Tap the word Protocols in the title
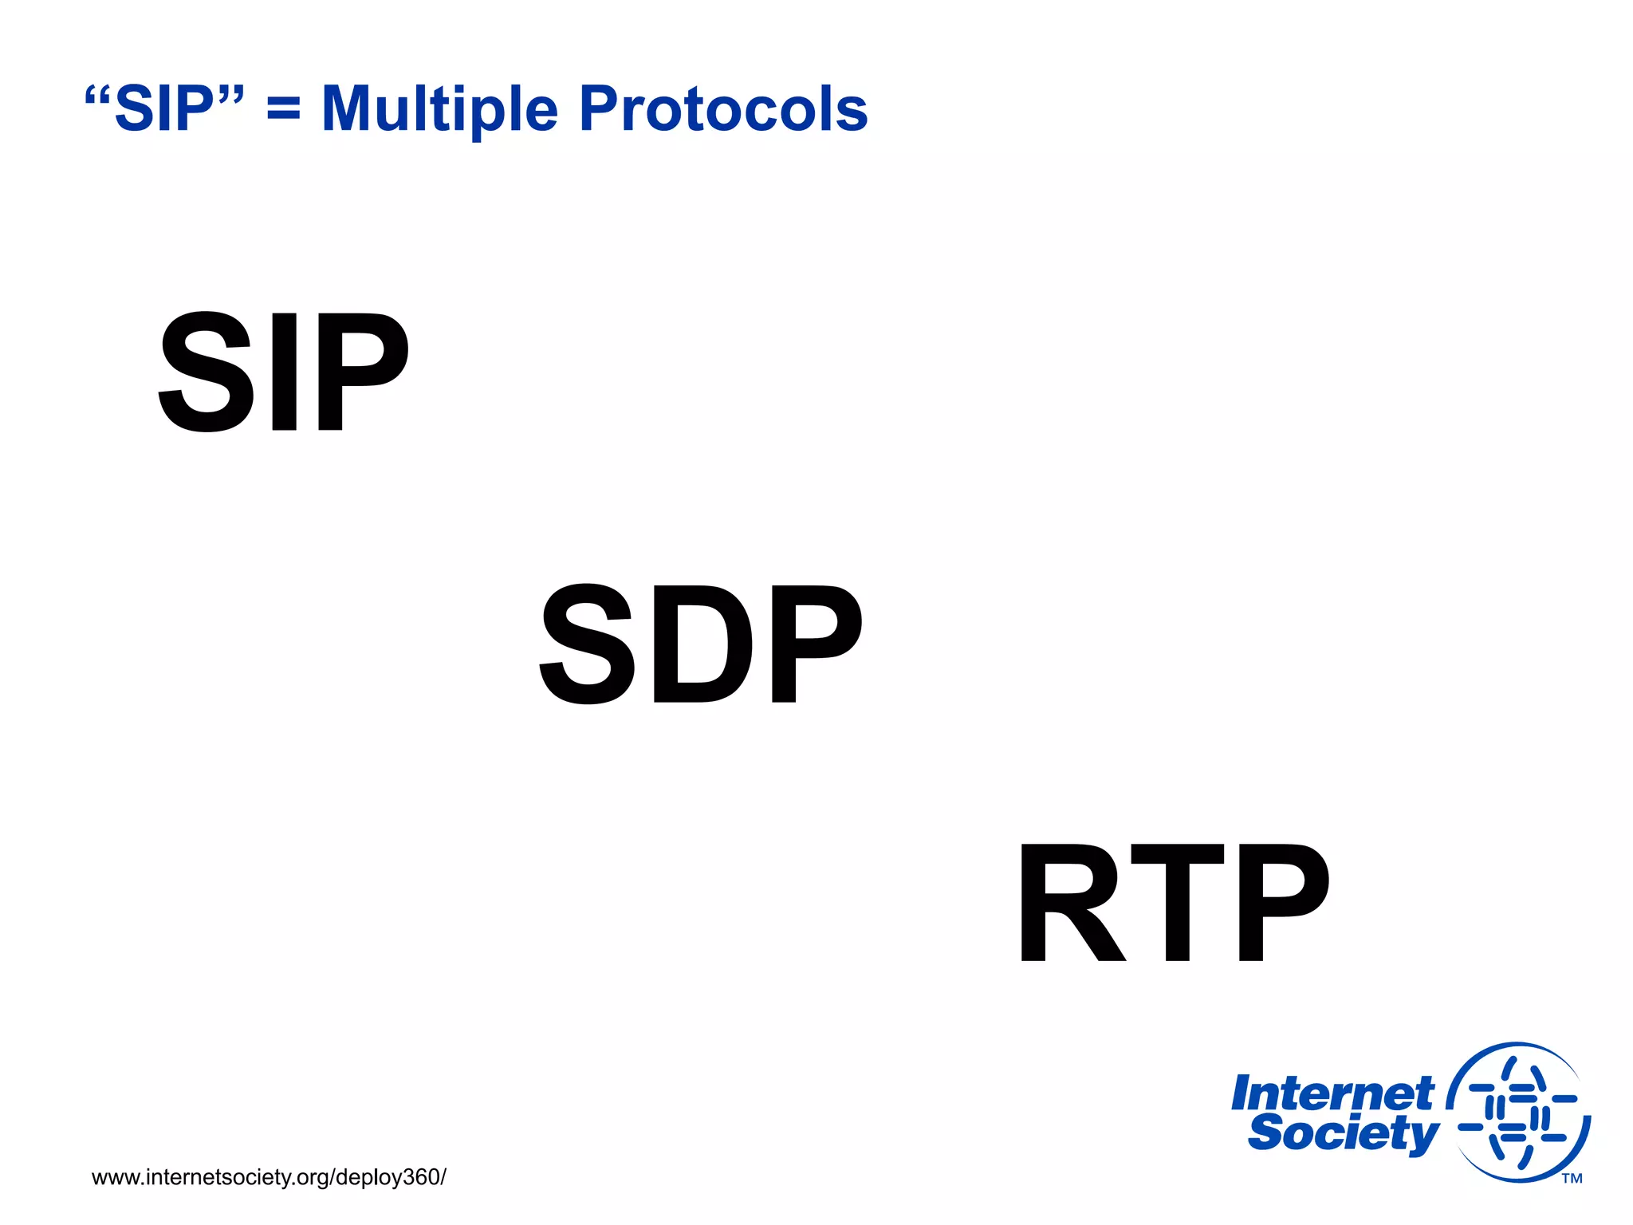[723, 109]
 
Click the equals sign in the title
[284, 109]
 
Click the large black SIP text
[283, 372]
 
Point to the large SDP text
[701, 644]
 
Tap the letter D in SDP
[702, 644]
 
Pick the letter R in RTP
[1068, 902]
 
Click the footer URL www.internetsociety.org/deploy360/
[269, 1177]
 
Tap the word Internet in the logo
[1332, 1094]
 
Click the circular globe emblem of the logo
[1518, 1113]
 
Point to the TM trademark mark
[1572, 1179]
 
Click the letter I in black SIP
[285, 372]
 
